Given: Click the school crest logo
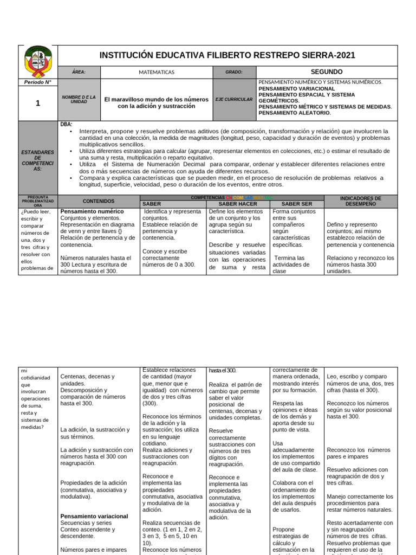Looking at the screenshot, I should point(38,61).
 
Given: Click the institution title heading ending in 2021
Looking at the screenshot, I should point(227,55).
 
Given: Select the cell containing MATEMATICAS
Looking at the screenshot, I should point(156,72).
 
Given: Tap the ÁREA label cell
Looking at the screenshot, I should point(79,72).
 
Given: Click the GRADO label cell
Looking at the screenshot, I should point(234,72).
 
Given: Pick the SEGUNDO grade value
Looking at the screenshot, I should point(327,72).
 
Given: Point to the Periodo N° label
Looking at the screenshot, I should point(37,82).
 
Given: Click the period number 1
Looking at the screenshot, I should point(38,103).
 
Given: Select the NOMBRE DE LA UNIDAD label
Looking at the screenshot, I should point(79,100).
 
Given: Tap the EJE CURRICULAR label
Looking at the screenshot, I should point(234,100).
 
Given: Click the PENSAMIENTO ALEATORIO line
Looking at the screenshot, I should point(295,113).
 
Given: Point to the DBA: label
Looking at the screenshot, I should point(66,124).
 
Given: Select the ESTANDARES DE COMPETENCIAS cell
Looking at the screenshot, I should point(38,157).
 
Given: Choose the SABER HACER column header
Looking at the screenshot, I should point(238,204).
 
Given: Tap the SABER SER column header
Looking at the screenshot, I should point(296,204).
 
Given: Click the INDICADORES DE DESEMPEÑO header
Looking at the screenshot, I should point(361,201).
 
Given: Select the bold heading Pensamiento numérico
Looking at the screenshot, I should point(92,211).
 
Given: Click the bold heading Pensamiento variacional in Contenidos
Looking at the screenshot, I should point(94,517).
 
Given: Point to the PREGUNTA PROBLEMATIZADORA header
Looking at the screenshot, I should point(38,201).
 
